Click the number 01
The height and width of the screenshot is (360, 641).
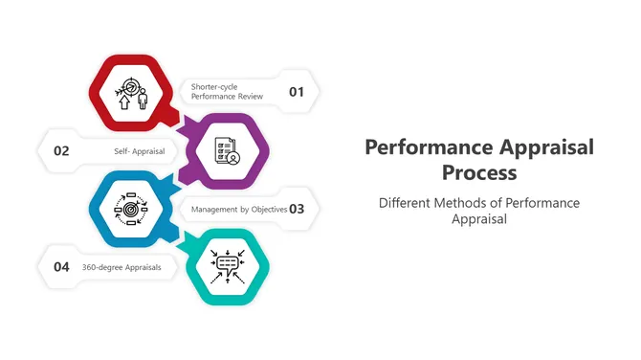297,92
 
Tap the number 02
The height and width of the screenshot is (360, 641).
61,150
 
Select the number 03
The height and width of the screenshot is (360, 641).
297,209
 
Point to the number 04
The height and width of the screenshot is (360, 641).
61,267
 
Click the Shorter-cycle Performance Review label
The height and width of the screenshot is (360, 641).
227,92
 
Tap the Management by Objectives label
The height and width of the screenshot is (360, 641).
238,209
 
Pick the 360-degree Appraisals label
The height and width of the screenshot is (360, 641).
122,267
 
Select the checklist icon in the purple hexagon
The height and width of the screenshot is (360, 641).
227,150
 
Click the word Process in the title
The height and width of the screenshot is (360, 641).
479,173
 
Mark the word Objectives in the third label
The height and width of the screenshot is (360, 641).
263,209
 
